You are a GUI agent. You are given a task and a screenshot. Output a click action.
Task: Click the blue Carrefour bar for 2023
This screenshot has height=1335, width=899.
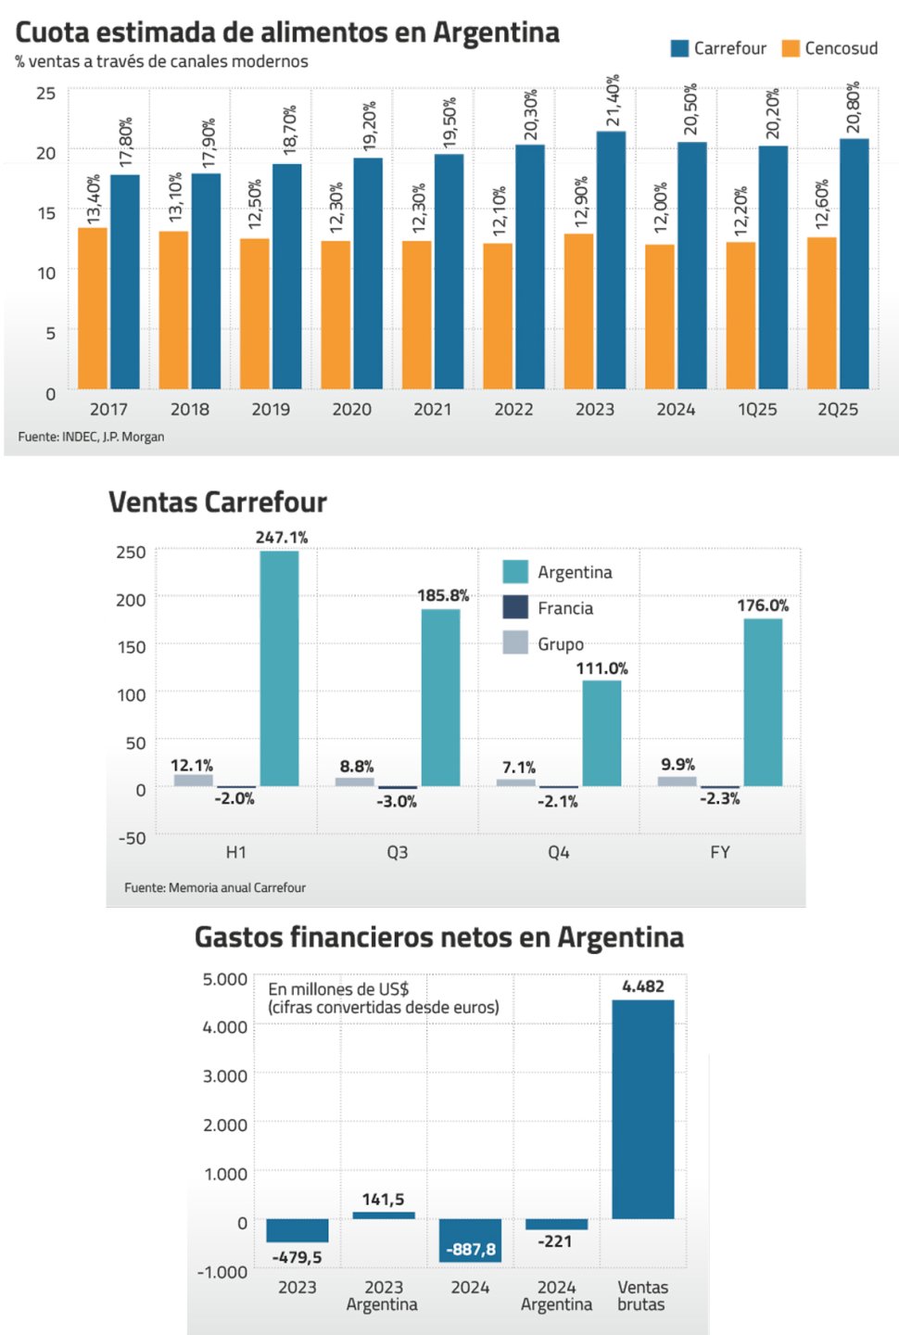click(611, 261)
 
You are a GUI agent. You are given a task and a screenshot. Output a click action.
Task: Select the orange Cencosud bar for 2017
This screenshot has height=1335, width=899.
click(93, 308)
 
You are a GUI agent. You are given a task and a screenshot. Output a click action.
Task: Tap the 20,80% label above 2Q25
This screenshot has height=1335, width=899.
click(854, 108)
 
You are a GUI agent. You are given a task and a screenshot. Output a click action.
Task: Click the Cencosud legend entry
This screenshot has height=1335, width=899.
click(830, 48)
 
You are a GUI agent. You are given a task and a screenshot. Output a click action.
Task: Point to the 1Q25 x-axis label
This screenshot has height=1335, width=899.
click(756, 409)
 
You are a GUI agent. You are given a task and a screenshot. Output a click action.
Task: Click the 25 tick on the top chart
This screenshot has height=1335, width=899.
click(46, 93)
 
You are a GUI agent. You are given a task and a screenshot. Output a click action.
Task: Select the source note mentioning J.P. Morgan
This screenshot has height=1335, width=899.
click(91, 437)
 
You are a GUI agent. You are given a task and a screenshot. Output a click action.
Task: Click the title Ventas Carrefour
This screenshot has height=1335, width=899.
click(218, 502)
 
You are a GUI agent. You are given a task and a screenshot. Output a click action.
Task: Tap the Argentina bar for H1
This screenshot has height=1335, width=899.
click(279, 668)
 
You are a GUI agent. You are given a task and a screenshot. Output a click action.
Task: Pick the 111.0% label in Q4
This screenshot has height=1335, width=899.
click(601, 668)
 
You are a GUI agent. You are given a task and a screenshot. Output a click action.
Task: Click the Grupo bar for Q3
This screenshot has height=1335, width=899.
click(354, 782)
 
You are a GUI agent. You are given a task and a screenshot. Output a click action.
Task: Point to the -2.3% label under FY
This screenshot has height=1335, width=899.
click(719, 798)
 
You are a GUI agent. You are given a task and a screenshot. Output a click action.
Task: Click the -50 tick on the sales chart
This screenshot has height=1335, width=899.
click(132, 838)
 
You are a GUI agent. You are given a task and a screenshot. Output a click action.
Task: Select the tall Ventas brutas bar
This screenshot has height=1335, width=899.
click(642, 1109)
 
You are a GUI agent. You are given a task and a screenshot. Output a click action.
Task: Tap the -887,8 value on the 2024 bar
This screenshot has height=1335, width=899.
click(470, 1249)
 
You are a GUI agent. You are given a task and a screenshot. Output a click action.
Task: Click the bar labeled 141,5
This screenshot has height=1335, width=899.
click(384, 1214)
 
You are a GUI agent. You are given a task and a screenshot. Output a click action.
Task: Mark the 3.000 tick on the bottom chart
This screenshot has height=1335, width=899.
click(225, 1076)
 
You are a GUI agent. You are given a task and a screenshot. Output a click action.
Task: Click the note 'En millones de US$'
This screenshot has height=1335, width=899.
click(338, 989)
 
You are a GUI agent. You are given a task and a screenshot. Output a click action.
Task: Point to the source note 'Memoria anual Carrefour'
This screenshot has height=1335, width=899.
click(215, 887)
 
